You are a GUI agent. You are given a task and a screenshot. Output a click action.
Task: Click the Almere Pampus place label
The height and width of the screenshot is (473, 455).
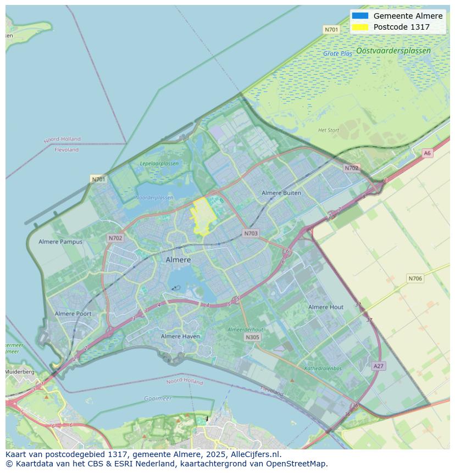60,242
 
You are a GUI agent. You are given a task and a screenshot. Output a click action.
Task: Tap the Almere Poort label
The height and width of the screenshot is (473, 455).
73,314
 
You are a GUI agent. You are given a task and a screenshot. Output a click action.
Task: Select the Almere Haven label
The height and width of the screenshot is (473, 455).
180,336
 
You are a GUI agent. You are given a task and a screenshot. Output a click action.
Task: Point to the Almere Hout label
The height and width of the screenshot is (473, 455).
326,307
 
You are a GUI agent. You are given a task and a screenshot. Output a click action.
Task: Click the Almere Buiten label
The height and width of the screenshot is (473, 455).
281,193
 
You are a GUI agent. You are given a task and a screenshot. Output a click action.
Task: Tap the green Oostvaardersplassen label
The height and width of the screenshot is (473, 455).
393,51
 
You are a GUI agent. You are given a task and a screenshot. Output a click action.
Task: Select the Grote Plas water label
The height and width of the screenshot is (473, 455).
337,54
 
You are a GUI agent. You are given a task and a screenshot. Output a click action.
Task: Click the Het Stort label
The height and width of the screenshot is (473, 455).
329,130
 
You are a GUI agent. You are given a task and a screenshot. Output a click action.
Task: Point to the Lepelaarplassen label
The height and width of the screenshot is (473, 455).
159,164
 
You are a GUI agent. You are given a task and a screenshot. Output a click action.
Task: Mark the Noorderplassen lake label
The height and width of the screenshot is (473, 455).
154,198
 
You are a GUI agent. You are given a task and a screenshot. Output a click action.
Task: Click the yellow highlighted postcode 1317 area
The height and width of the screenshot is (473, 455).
203,216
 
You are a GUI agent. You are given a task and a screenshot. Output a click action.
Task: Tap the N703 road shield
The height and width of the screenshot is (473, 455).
251,233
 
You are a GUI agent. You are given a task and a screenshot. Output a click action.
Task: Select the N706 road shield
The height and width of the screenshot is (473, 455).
415,279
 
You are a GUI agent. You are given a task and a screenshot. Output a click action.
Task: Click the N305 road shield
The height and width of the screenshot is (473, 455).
252,337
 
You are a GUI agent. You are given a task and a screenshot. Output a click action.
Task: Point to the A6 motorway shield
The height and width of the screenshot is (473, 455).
427,153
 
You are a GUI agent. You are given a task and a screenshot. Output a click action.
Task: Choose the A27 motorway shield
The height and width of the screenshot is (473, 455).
378,366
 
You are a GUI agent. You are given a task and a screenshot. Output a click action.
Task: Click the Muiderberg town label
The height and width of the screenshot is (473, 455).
20,372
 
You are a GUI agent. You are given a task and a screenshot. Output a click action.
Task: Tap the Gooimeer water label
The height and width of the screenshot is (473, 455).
158,398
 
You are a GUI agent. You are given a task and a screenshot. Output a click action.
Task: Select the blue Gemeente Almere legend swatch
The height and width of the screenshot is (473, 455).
360,16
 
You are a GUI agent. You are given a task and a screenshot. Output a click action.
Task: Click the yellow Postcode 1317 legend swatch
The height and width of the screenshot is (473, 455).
360,27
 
